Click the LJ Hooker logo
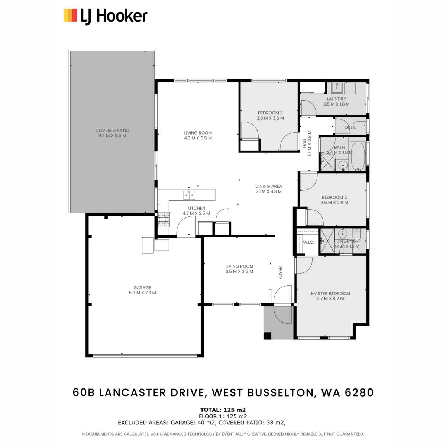[x=105, y=16]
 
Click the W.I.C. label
[x=308, y=242]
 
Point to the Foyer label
[x=281, y=273]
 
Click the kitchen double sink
[x=189, y=195]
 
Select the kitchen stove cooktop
[x=164, y=219]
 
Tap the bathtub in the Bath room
[x=358, y=156]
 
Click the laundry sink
[x=337, y=88]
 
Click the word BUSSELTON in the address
[x=281, y=392]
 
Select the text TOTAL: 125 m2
[x=223, y=410]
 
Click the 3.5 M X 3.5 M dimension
[x=239, y=271]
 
